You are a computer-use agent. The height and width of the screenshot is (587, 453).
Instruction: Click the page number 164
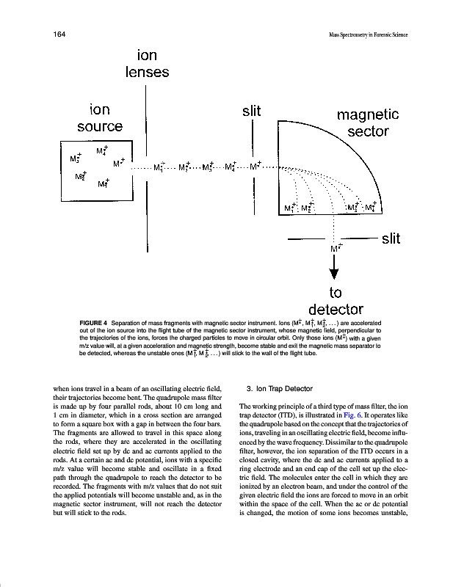point(59,34)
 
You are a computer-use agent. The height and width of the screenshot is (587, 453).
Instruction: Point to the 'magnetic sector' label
point(367,123)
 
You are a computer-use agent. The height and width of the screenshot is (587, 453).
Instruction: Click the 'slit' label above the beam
point(252,111)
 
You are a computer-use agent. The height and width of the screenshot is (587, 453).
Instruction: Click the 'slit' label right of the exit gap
point(391,238)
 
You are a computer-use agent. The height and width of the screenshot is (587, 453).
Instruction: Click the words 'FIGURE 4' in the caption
point(93,323)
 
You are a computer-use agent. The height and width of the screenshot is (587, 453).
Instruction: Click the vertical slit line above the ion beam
point(253,139)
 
